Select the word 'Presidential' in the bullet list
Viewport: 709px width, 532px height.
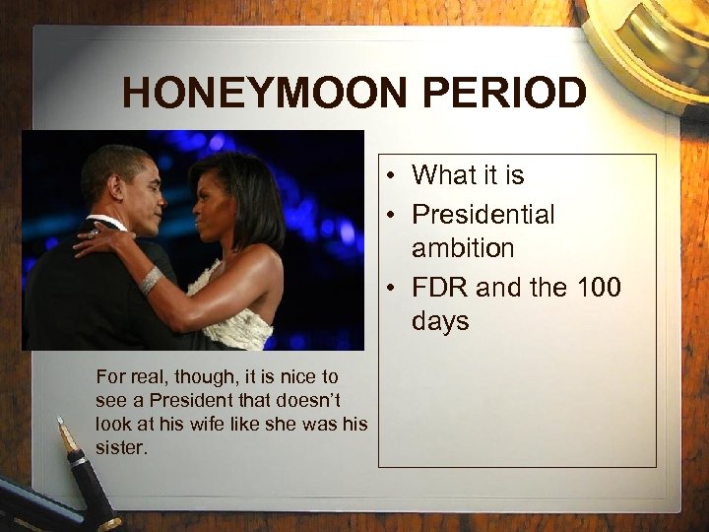[483, 214]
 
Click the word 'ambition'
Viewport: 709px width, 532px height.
[463, 248]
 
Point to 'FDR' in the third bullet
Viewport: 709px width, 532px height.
[441, 287]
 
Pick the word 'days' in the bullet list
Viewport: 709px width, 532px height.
[440, 322]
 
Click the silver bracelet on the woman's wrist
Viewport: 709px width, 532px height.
[151, 281]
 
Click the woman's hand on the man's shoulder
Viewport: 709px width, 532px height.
[95, 239]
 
